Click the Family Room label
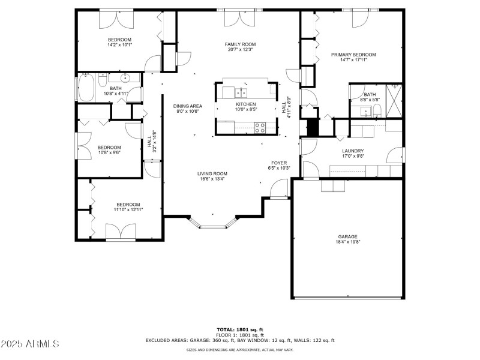(240, 44)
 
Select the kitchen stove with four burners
(261, 127)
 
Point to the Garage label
(347, 236)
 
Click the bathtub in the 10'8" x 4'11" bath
(86, 89)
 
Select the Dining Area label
(188, 106)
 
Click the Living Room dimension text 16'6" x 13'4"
(212, 178)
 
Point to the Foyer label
(279, 163)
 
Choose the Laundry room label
(353, 151)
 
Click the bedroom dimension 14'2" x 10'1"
(119, 44)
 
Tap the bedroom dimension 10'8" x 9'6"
(109, 152)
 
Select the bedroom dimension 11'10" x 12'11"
(128, 209)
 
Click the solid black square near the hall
(312, 127)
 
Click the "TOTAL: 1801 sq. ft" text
(240, 329)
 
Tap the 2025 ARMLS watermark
(30, 344)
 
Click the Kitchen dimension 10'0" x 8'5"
(245, 109)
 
